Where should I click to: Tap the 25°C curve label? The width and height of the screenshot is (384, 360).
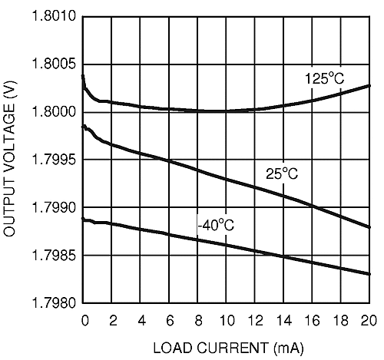point(282,174)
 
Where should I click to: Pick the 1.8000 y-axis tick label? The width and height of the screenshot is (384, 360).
point(55,113)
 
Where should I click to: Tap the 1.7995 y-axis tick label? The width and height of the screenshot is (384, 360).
point(55,160)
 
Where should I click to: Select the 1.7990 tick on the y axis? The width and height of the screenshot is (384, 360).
point(55,208)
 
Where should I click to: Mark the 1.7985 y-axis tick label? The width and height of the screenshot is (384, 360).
point(55,256)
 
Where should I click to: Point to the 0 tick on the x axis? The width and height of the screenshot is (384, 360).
point(84,319)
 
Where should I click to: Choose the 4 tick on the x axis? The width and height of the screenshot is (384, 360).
point(141,319)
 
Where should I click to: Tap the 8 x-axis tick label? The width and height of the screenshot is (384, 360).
point(199,319)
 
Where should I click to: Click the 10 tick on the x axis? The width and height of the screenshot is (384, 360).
point(227,319)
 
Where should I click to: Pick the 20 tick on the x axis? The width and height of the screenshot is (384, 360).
point(369,319)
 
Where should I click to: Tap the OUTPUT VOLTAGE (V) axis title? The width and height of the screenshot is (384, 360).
point(12,160)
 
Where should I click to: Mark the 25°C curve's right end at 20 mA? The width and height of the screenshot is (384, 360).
point(370,227)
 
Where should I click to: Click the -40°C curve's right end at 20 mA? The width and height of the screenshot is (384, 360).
point(370,274)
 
